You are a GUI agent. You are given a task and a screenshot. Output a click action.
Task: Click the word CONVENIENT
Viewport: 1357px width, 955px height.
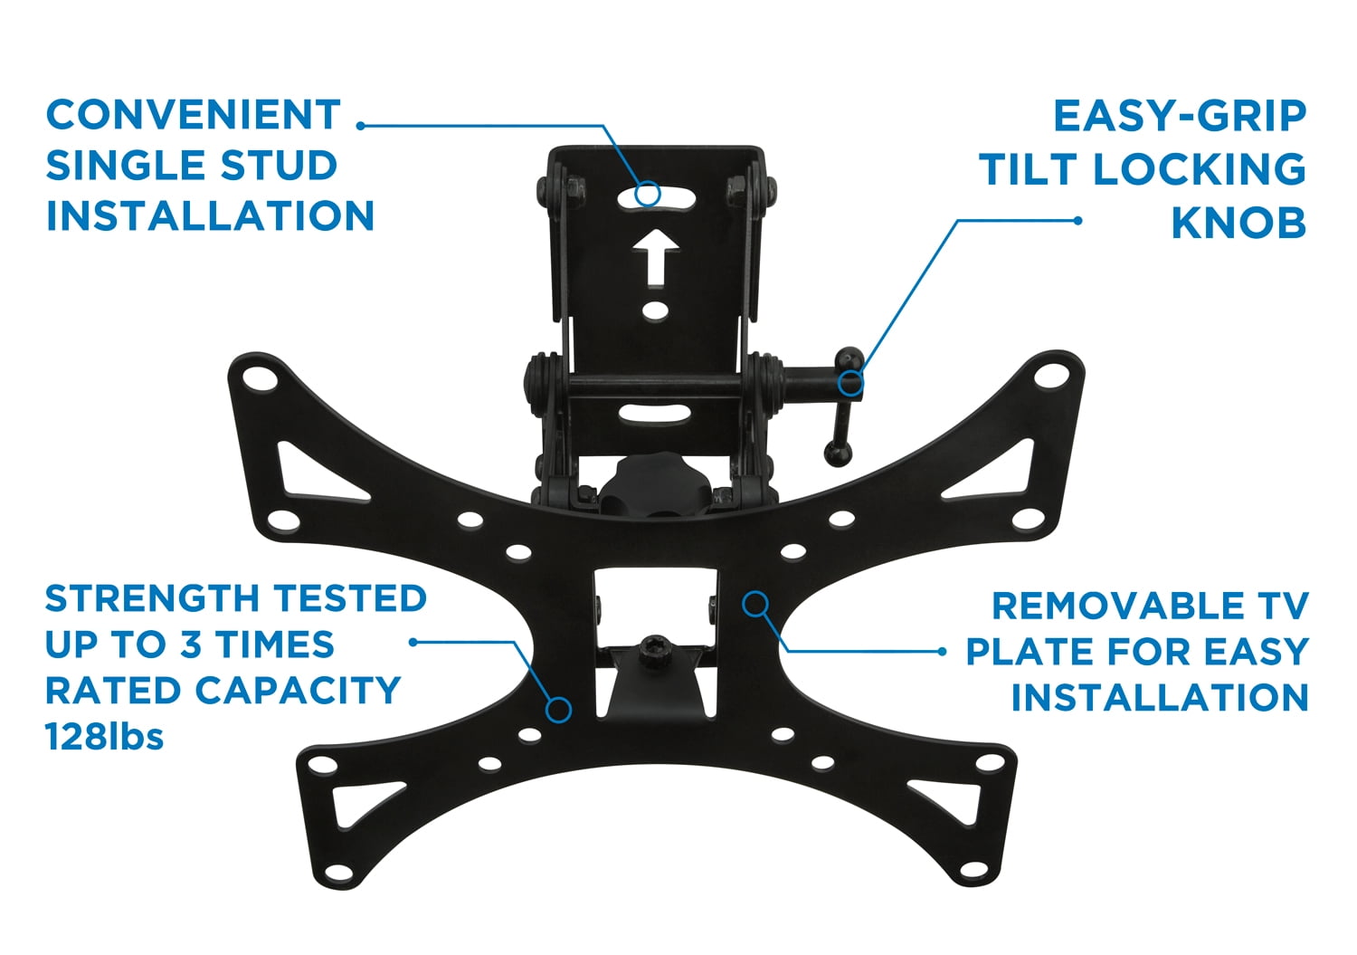coord(194,115)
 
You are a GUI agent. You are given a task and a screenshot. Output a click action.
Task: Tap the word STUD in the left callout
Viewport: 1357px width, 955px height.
coord(280,166)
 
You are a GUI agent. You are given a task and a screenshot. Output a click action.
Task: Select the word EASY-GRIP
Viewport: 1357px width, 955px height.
coord(1180,116)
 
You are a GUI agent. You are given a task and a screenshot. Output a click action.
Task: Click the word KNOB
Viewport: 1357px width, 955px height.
coord(1238,224)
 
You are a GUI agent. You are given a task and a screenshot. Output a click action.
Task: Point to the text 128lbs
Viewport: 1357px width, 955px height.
coord(104,738)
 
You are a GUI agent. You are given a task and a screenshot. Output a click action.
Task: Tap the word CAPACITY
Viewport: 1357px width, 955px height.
coord(298,691)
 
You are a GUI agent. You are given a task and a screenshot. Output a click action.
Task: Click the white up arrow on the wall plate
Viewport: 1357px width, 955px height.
coord(655,257)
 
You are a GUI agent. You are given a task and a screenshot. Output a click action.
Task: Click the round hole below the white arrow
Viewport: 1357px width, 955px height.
coord(655,311)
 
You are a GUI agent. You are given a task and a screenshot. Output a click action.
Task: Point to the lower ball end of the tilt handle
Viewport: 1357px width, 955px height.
coord(837,453)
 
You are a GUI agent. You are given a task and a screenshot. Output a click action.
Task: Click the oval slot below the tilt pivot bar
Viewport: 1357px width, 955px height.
coord(655,415)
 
